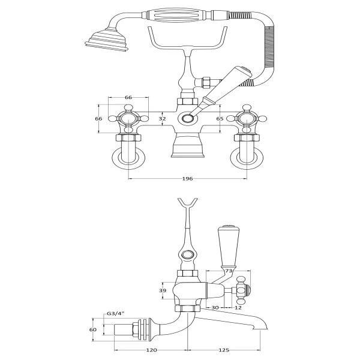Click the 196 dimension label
187,179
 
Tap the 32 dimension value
162,119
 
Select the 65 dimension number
220,119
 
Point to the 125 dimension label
224,350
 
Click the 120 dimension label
152,350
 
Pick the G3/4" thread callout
115,314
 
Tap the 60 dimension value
93,329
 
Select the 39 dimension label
163,290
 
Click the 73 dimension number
229,271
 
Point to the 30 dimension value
215,307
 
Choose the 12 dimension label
238,307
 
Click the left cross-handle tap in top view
128,119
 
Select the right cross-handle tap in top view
247,119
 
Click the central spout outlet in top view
188,119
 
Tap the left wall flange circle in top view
128,158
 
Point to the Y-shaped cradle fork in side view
188,205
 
